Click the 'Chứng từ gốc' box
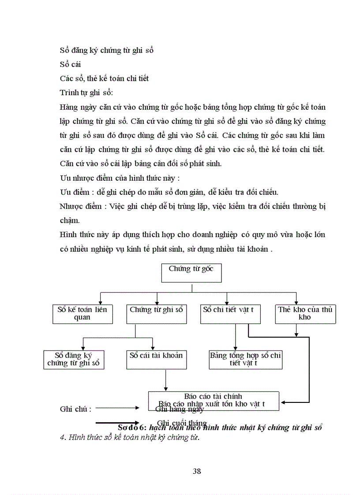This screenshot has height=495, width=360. (191, 273)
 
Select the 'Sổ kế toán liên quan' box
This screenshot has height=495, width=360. (82, 313)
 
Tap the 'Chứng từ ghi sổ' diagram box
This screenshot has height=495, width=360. (156, 313)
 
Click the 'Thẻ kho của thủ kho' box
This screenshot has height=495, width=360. (304, 313)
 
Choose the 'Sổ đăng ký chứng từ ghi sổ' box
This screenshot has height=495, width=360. (74, 359)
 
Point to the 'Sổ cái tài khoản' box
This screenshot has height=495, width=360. (156, 359)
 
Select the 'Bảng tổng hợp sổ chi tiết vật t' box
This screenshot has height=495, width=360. (245, 359)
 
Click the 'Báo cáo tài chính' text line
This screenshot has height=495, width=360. (213, 396)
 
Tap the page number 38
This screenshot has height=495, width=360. (197, 471)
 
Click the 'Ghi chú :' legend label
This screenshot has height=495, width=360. (75, 409)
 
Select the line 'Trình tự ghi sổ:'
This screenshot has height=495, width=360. (86, 93)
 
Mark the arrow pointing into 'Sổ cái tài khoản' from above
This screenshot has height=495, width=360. (153, 344)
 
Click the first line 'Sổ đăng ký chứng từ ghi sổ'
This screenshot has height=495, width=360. (106, 50)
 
